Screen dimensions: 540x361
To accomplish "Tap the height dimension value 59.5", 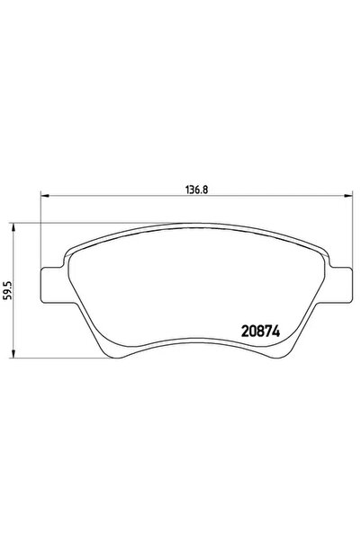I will [x=7, y=292].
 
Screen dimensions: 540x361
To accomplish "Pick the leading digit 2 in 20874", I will [x=245, y=330].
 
